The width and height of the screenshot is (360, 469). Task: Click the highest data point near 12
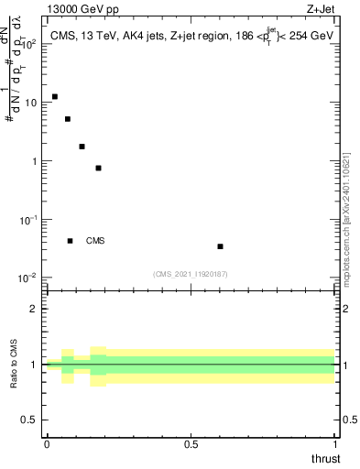pos(55,96)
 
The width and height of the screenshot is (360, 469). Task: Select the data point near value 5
pos(68,119)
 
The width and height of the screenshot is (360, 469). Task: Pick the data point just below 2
pos(82,147)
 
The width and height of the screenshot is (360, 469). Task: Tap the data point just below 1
pos(98,168)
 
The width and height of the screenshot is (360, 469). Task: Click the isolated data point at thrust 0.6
pos(221,246)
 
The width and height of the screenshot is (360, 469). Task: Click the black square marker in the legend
pos(71,241)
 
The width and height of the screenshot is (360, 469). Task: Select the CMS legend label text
pos(95,241)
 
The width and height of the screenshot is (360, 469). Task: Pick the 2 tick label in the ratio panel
pos(34,309)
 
